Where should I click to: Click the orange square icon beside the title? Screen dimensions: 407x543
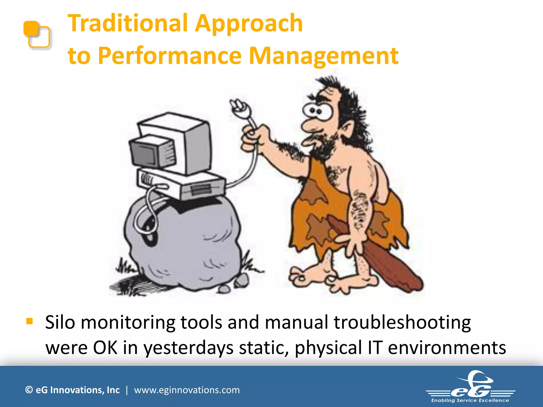tap(36, 34)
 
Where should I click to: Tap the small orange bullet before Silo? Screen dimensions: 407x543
tap(29, 321)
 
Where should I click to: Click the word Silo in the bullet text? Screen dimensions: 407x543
tap(60, 322)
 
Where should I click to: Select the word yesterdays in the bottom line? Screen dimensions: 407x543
tap(188, 348)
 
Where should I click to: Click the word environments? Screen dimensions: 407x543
tap(447, 348)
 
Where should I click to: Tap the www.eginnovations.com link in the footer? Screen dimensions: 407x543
tap(187, 390)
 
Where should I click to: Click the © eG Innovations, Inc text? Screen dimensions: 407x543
tap(72, 390)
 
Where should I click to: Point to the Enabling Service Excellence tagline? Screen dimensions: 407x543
tap(470, 400)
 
